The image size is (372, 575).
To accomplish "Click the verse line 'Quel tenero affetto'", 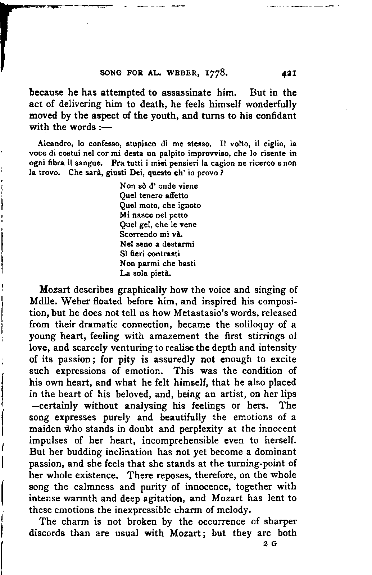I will coord(154,196).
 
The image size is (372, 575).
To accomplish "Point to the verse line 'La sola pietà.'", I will coord(145,273).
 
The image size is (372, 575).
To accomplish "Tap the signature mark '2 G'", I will coord(270,544).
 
